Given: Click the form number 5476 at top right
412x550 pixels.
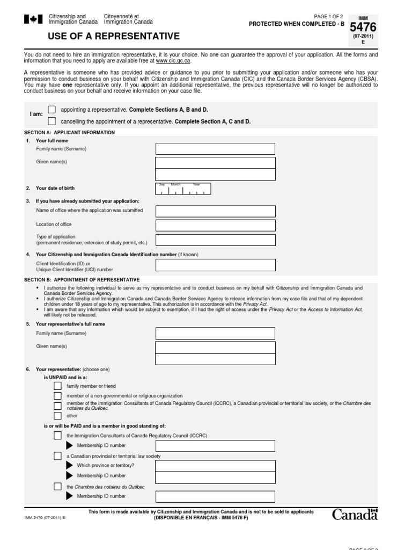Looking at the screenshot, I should [x=363, y=27].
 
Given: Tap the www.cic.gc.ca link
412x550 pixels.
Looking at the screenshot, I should [x=173, y=61].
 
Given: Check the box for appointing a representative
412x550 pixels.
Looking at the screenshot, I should [x=51, y=109].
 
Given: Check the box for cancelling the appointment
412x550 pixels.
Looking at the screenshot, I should [x=51, y=121].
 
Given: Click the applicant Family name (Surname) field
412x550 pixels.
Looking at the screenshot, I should [x=215, y=149].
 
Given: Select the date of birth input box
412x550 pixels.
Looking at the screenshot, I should [x=183, y=189].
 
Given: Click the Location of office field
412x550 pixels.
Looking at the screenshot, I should [x=215, y=225].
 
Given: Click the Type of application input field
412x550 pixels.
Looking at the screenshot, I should [x=215, y=240].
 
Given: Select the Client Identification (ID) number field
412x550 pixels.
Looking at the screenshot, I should [x=215, y=265].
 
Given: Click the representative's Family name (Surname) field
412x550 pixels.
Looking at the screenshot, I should [x=215, y=334].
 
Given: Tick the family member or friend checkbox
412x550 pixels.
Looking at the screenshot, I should [x=57, y=386].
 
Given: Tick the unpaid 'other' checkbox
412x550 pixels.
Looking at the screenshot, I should [x=57, y=415].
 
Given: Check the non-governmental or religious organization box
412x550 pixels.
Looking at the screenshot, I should [x=57, y=395].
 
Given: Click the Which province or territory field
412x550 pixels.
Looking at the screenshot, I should [x=215, y=465].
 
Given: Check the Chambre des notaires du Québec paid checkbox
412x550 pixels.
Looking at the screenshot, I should [x=57, y=487].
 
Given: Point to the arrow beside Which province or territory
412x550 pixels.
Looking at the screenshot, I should [x=69, y=465].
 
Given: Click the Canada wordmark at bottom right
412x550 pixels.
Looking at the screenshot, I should [x=355, y=515].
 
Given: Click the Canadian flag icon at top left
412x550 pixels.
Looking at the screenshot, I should [x=33, y=19].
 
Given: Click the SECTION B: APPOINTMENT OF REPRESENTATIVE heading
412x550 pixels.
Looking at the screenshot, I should [x=82, y=280].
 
